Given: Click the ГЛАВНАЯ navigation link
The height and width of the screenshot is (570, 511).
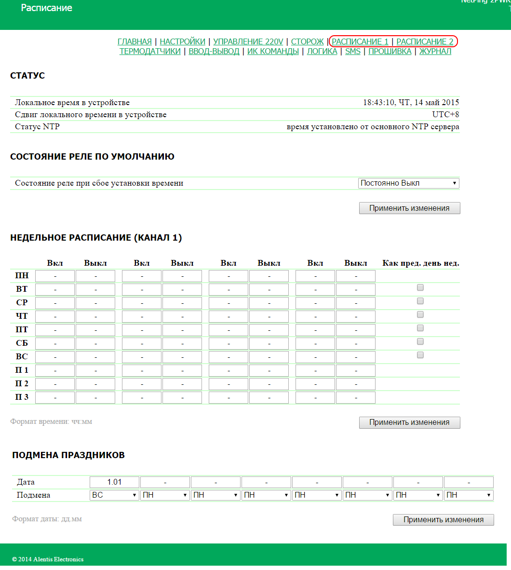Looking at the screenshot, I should [134, 42].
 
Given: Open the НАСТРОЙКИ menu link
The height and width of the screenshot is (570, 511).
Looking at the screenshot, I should [182, 42].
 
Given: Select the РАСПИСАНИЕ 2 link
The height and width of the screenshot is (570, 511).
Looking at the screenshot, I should [425, 42].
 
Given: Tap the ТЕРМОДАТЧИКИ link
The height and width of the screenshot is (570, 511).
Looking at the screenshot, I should [150, 52].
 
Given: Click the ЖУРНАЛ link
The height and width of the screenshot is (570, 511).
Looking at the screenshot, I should [435, 52].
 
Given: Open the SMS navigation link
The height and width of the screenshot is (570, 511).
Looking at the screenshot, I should [353, 52].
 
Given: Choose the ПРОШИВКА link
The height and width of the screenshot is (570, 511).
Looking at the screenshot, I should [390, 52].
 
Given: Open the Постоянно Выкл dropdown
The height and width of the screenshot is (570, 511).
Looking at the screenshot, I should [409, 183].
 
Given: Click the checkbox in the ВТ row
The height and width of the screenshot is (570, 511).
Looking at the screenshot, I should [420, 287].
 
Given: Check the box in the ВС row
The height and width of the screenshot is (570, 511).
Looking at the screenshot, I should [420, 355].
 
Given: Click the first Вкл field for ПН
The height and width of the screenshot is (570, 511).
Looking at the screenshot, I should [55, 276].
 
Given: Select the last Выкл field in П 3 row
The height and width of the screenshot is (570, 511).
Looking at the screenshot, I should [356, 398].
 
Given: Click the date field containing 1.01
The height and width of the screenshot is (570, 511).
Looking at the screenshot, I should [115, 482].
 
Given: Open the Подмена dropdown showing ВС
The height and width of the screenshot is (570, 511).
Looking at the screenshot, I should [115, 495].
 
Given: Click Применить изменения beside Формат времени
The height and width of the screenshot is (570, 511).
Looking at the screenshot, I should [409, 422].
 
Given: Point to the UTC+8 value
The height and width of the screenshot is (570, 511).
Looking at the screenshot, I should [445, 115].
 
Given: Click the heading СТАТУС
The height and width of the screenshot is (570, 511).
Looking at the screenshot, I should [27, 76].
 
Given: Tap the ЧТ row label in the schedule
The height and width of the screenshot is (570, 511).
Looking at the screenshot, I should [22, 316].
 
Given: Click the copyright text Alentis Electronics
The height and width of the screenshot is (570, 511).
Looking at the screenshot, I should [48, 559].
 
